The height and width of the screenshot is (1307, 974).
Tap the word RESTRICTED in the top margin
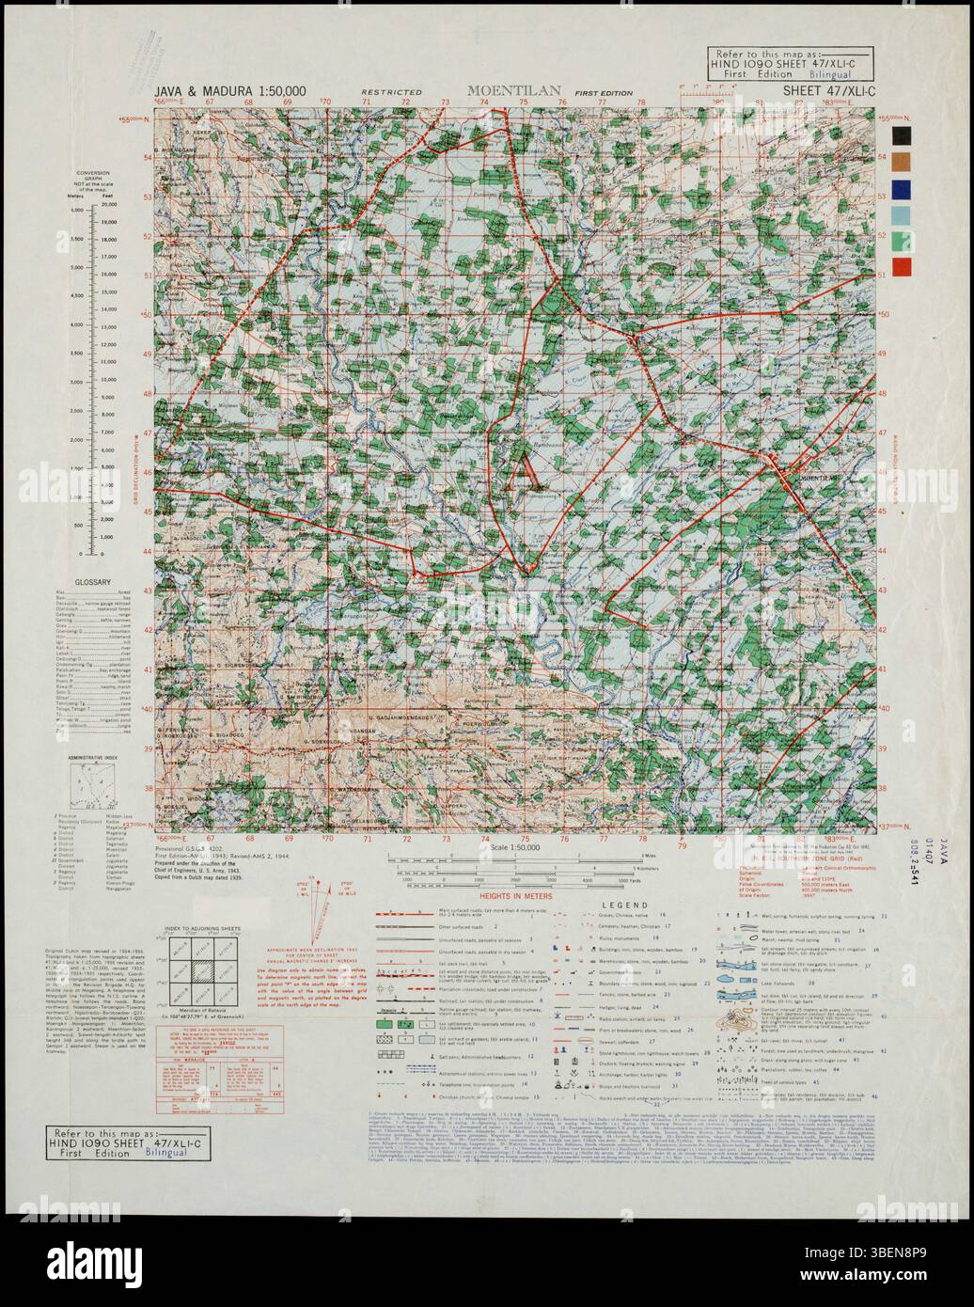391,93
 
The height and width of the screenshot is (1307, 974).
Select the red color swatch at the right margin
902,267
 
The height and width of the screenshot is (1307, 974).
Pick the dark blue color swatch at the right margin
902,189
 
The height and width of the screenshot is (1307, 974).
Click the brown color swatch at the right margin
902,162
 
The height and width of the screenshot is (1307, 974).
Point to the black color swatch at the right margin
902,135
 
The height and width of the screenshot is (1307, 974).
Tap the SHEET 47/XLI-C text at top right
828,91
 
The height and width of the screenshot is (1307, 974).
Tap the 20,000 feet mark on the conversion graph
111,204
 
